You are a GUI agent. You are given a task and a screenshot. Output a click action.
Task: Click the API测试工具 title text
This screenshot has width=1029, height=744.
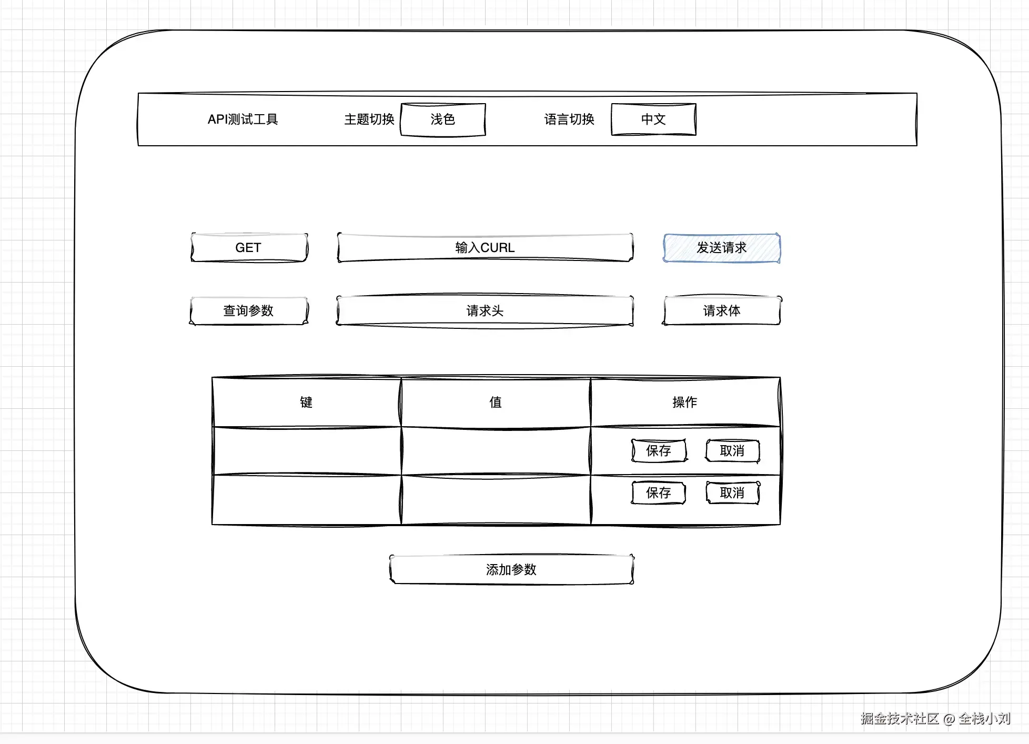point(243,119)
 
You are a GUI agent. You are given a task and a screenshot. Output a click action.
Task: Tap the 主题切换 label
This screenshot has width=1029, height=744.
point(369,119)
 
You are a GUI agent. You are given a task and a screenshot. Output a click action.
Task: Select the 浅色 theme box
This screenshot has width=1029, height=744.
point(442,119)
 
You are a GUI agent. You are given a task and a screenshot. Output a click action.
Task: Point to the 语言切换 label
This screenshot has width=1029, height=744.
point(569,119)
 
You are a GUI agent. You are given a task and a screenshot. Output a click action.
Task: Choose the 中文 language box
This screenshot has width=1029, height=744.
point(653,119)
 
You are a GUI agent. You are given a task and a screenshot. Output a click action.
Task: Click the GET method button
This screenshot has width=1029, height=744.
point(248,247)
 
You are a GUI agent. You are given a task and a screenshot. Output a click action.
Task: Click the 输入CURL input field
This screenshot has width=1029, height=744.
point(485,247)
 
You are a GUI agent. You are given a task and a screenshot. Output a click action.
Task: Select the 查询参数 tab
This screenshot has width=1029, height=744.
point(248,310)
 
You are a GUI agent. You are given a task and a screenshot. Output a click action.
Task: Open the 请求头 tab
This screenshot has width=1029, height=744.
point(485,310)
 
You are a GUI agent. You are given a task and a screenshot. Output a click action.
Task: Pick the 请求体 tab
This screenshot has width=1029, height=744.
point(722,310)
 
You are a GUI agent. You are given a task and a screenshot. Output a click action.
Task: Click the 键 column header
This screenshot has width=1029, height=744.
point(306,402)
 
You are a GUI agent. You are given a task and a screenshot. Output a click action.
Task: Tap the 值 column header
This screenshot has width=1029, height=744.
point(496,402)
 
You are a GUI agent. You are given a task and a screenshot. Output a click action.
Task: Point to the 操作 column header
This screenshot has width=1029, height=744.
point(685,402)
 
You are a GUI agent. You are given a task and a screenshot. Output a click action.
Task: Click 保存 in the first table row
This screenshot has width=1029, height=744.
point(659,451)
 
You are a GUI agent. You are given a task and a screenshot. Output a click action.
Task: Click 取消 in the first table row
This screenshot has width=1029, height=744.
point(732,451)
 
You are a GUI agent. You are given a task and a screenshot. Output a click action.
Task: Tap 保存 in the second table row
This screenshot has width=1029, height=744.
point(659,493)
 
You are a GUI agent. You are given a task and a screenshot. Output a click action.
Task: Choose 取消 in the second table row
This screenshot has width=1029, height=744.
point(732,493)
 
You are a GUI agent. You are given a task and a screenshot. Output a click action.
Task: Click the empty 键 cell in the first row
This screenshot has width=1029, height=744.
point(306,451)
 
